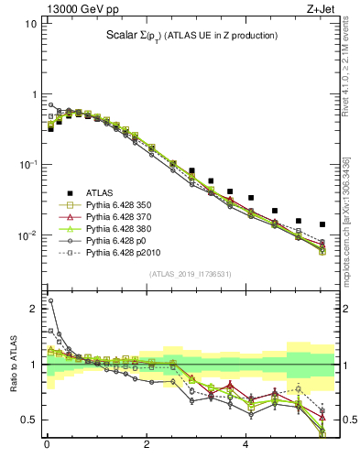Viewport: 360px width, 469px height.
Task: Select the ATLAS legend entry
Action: click(100, 192)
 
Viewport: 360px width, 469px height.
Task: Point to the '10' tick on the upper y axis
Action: click(30, 24)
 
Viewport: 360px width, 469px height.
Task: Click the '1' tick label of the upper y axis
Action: click(33, 94)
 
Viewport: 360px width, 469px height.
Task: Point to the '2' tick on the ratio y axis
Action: click(33, 309)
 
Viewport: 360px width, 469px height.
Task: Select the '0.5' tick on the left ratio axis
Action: click(29, 420)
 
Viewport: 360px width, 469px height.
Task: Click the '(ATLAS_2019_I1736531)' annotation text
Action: click(190, 275)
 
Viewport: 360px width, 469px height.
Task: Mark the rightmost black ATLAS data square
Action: click(322, 224)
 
